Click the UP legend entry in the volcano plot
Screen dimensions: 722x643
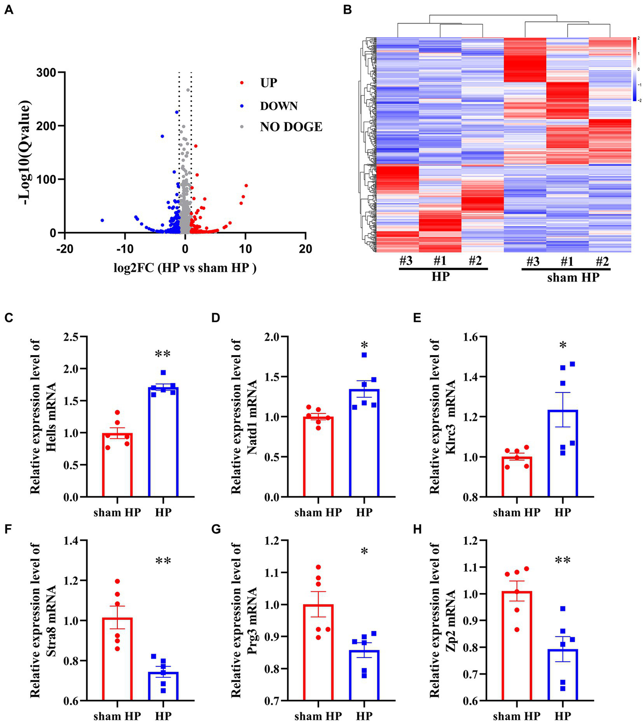pyautogui.click(x=269, y=83)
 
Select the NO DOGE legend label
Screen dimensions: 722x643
pyautogui.click(x=291, y=127)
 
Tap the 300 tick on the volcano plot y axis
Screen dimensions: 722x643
pyautogui.click(x=47, y=72)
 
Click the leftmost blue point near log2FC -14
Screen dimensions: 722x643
pyautogui.click(x=102, y=220)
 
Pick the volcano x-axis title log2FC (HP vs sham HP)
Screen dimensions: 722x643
pyautogui.click(x=185, y=268)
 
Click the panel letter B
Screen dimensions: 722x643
pyautogui.click(x=347, y=10)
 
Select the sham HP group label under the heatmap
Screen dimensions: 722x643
pyautogui.click(x=573, y=277)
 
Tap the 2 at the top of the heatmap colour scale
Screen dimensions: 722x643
pyautogui.click(x=638, y=39)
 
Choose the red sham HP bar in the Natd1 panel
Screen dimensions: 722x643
pyautogui.click(x=318, y=456)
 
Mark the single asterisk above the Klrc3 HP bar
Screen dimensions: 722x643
pyautogui.click(x=563, y=346)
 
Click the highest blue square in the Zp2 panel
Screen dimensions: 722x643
pyautogui.click(x=563, y=609)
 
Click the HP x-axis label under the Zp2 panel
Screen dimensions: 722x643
pyautogui.click(x=563, y=716)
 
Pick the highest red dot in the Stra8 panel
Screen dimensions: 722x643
pyautogui.click(x=117, y=581)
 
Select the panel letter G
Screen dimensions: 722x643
pyautogui.click(x=216, y=530)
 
